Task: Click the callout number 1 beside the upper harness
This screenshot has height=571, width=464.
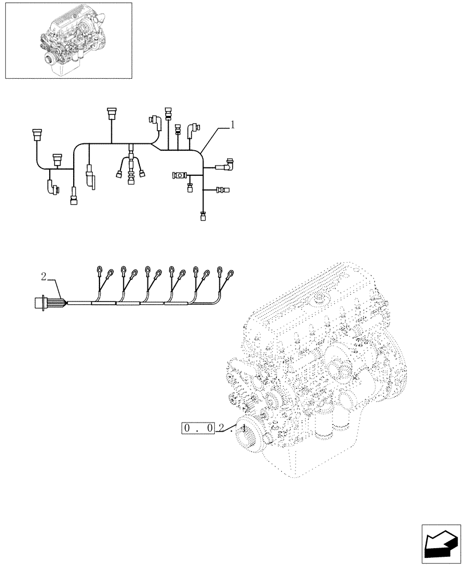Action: coord(233,125)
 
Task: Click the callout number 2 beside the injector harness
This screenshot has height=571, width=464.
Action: coord(44,277)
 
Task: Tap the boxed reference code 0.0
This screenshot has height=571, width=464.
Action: coord(197,428)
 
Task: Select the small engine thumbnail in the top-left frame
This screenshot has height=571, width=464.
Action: coord(69,40)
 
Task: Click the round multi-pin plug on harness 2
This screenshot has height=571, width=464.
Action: coord(41,303)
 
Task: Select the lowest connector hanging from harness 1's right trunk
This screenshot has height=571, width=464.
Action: coord(202,216)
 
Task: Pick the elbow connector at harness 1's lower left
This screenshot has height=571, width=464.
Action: coord(53,187)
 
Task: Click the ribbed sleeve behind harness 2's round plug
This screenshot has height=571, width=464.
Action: coord(57,303)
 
